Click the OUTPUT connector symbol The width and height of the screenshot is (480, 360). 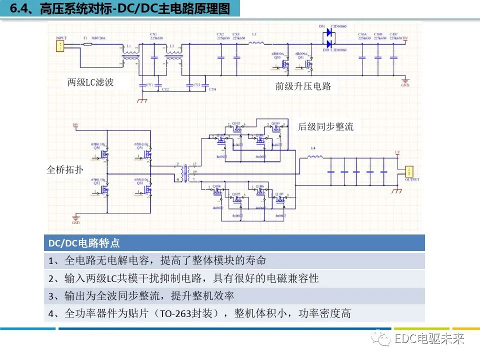[x=408, y=171]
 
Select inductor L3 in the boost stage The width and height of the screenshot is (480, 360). [x=256, y=43]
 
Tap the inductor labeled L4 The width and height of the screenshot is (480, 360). [x=314, y=157]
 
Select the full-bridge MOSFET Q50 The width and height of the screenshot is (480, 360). [x=104, y=155]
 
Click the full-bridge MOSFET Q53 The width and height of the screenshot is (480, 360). [x=146, y=190]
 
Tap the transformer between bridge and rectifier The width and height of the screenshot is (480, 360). [x=186, y=171]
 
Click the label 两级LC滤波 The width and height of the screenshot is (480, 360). [x=90, y=82]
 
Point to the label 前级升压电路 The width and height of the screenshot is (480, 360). [x=303, y=86]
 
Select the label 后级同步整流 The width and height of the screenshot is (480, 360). [x=325, y=126]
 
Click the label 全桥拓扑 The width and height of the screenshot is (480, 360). [x=65, y=169]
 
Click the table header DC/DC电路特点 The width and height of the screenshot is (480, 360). [x=84, y=243]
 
